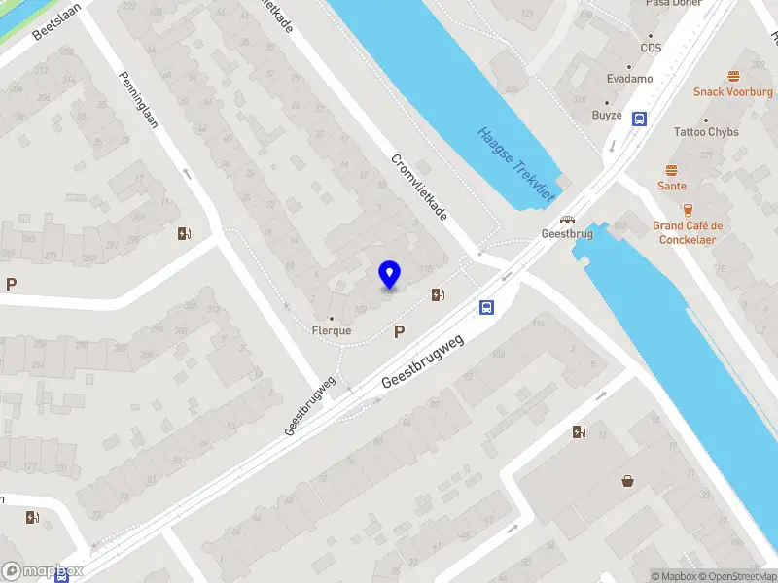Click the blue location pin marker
tap(390, 275)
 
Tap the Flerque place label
tap(331, 330)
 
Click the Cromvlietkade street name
tap(419, 187)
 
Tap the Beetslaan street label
tap(56, 20)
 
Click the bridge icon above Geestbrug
tap(566, 220)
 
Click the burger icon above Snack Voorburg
tap(733, 75)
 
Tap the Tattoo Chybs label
tap(707, 132)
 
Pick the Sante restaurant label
tap(671, 186)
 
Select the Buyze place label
tap(607, 115)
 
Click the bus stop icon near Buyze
tap(639, 120)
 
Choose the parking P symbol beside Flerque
tap(399, 332)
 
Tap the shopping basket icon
tap(627, 480)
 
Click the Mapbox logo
tap(43, 571)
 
